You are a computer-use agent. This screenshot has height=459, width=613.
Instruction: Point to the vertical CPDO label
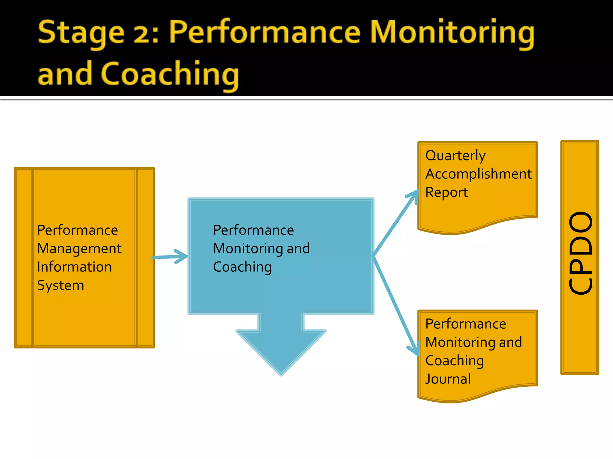click(x=580, y=253)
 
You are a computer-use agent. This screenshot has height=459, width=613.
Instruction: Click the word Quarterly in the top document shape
click(x=455, y=156)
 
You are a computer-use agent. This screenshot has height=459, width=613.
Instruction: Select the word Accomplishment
click(x=478, y=174)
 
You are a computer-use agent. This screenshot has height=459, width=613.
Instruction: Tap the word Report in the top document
click(x=446, y=192)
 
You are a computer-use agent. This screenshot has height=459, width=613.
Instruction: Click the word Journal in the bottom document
click(x=448, y=379)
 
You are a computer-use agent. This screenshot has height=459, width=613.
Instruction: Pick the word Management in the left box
click(x=79, y=249)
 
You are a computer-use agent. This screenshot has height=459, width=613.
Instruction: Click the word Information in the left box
click(x=74, y=267)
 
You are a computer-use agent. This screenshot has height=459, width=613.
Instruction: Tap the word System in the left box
click(x=60, y=285)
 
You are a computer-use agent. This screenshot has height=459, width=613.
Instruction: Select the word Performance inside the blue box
click(x=253, y=230)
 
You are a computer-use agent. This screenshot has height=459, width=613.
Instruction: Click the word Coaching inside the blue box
click(x=242, y=267)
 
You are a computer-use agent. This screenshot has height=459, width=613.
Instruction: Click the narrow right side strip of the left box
click(x=145, y=257)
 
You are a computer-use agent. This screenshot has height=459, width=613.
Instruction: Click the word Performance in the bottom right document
click(x=465, y=324)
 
